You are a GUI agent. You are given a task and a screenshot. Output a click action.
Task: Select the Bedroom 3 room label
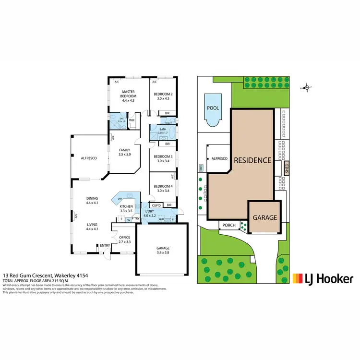click(x=163, y=157)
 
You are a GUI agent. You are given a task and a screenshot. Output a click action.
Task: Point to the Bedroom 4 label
click(x=163, y=186)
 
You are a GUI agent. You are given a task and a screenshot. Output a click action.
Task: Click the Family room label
click(x=124, y=150)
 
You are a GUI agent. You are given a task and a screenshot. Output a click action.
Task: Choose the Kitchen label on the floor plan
click(x=126, y=207)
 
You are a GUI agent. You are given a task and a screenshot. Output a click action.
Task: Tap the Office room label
click(x=125, y=237)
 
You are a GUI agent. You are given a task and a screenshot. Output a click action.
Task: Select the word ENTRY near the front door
click(x=105, y=246)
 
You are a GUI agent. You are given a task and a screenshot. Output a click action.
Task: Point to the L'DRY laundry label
click(x=149, y=212)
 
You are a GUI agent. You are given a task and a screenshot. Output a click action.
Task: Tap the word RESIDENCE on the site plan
click(x=252, y=160)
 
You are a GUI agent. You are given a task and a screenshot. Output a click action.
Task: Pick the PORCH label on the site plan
click(x=229, y=225)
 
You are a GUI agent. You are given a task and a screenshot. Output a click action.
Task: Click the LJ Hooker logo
click(x=323, y=278)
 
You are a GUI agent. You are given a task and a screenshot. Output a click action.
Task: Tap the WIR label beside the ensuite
click(x=132, y=120)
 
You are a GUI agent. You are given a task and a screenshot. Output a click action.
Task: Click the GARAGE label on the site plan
click(x=265, y=217)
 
